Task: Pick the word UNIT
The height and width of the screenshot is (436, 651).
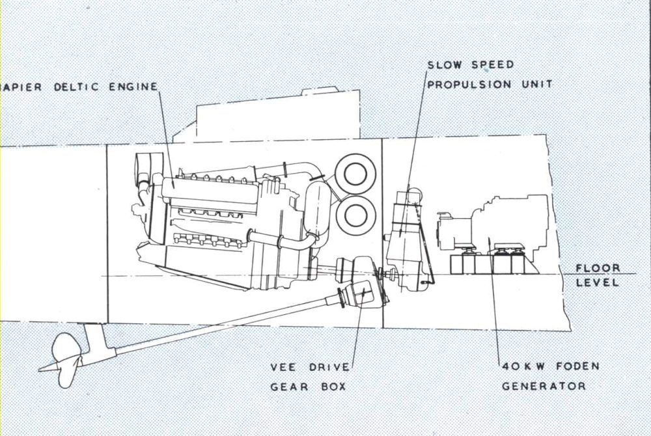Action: tap(538, 85)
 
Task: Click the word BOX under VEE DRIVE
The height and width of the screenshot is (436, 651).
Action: tap(330, 387)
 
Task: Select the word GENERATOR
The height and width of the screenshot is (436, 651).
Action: tap(544, 386)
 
